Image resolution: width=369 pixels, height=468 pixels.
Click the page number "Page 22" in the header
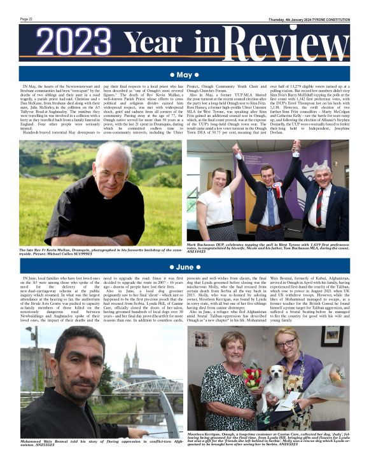(26, 19)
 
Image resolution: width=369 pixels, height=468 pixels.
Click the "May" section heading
(184, 75)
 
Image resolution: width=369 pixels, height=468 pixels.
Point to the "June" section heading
(184, 267)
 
